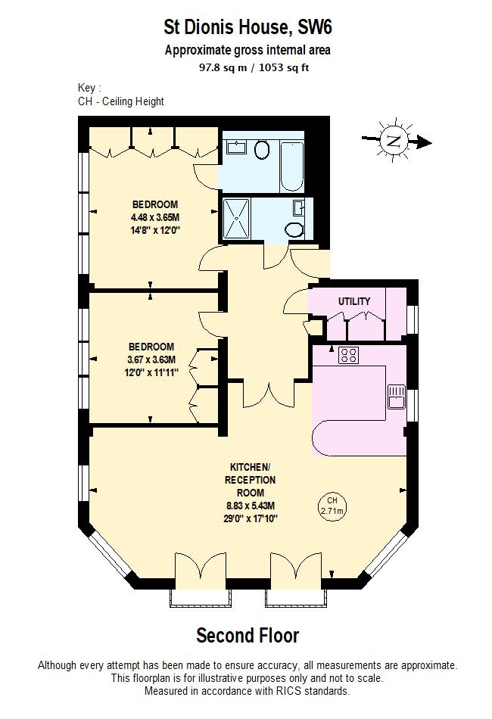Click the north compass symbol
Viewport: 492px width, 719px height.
pyautogui.click(x=393, y=141)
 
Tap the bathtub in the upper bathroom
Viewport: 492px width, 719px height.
pyautogui.click(x=291, y=162)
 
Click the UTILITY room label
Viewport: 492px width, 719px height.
pyautogui.click(x=354, y=301)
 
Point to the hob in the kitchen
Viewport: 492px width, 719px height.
pyautogui.click(x=349, y=354)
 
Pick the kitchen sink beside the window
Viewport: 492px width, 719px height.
pyautogui.click(x=397, y=395)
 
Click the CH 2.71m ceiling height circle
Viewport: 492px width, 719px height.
pyautogui.click(x=332, y=506)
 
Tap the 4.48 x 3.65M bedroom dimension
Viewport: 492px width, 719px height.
pyautogui.click(x=154, y=216)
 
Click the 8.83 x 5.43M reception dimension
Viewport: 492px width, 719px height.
pyautogui.click(x=250, y=506)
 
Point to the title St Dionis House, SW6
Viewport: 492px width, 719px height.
pyautogui.click(x=248, y=28)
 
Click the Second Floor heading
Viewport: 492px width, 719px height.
pyautogui.click(x=248, y=634)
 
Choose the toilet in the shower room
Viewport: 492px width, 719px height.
pyautogui.click(x=294, y=229)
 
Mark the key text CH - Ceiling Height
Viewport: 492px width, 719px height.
pyautogui.click(x=121, y=101)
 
